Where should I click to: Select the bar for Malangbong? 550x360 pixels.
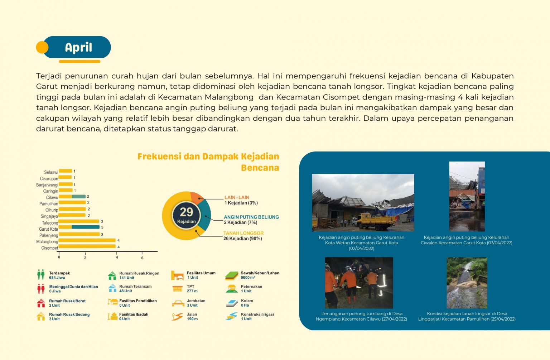[87, 240]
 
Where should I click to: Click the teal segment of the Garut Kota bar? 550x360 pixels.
[86, 227]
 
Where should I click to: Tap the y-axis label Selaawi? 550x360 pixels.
[51, 172]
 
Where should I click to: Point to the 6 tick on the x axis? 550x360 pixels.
[142, 258]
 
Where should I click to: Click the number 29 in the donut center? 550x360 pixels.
[186, 212]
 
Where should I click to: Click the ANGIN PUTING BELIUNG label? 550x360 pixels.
[251, 217]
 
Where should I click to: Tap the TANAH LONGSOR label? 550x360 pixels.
[243, 233]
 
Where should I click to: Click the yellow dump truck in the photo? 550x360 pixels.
[376, 221]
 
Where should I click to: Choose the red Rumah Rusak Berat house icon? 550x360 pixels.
[41, 303]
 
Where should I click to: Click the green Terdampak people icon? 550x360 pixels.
[41, 275]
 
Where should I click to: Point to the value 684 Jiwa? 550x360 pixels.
[57, 278]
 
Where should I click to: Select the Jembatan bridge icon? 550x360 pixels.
[178, 303]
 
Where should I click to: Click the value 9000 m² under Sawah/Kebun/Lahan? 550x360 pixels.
[248, 278]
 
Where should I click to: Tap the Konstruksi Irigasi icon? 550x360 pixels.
[232, 316]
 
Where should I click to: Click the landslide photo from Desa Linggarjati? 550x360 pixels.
[467, 283]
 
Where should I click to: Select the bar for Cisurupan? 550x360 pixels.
[65, 177]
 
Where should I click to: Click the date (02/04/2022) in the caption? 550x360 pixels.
[361, 248]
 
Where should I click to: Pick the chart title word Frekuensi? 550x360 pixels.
[159, 157]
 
